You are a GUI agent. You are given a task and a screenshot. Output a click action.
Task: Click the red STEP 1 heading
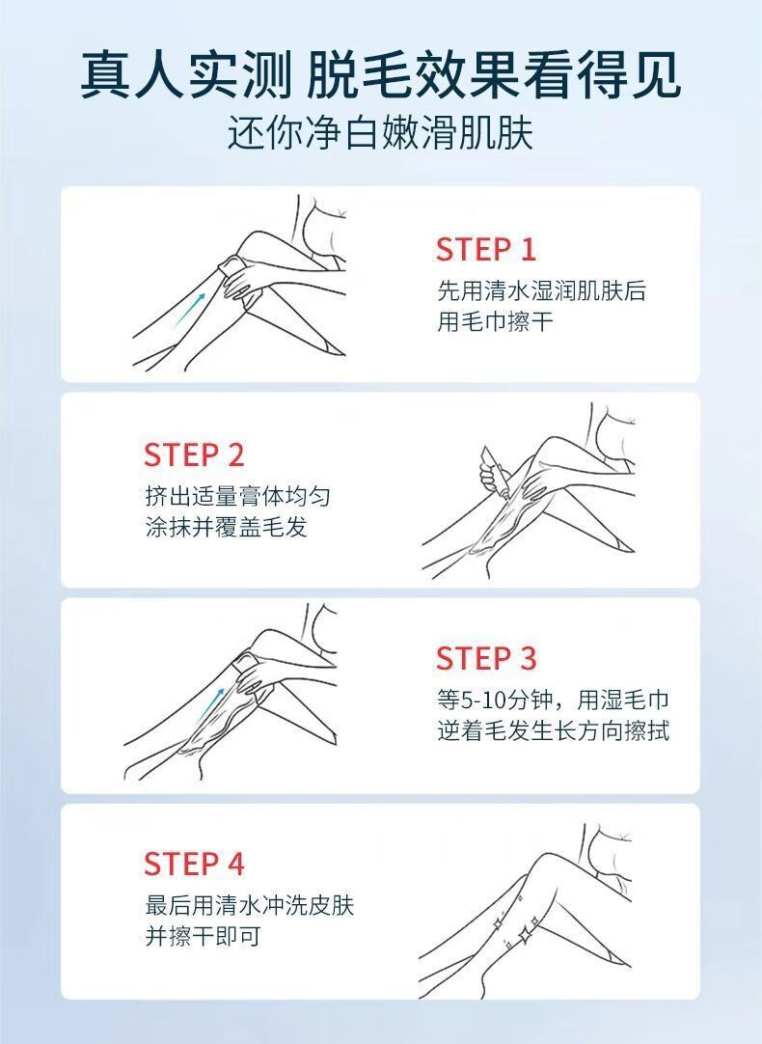(486, 250)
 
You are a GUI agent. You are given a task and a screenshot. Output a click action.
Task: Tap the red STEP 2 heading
(194, 454)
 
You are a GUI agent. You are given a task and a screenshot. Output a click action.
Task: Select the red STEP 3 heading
(486, 658)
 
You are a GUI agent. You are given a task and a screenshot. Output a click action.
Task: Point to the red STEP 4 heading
(194, 864)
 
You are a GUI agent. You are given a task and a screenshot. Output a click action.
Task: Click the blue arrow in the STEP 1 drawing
(190, 308)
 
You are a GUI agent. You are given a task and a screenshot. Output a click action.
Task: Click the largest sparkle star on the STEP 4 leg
(526, 934)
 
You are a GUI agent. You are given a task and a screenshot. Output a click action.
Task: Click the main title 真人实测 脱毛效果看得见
(381, 75)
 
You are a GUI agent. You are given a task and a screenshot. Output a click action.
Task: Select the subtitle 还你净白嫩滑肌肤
(381, 132)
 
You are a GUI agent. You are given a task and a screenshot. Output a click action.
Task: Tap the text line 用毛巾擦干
(495, 322)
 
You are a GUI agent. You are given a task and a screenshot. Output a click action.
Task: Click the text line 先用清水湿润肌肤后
(542, 291)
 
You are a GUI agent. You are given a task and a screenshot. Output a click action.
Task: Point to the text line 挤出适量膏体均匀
(237, 496)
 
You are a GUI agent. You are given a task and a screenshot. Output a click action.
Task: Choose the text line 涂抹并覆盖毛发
(227, 528)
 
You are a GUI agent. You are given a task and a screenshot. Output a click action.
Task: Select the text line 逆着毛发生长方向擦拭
(553, 731)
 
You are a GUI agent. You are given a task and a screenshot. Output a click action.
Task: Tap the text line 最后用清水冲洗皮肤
(250, 905)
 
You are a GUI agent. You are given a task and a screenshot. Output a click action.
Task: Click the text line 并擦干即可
(203, 937)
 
